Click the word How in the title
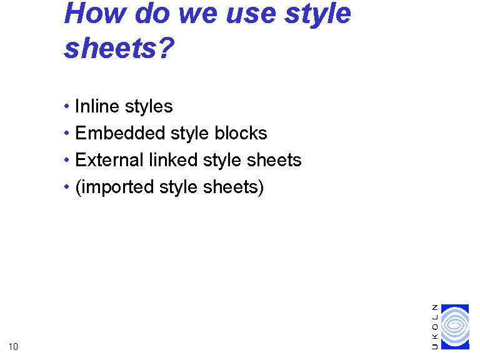pyautogui.click(x=95, y=14)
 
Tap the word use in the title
pyautogui.click(x=251, y=14)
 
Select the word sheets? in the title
pyautogui.click(x=119, y=47)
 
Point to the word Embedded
pyautogui.click(x=120, y=133)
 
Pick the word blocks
pyautogui.click(x=241, y=133)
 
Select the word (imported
pyautogui.click(x=114, y=187)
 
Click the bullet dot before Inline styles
pyautogui.click(x=66, y=106)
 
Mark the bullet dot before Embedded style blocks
pyautogui.click(x=66, y=133)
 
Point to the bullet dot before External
pyautogui.click(x=66, y=160)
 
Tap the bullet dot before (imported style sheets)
pyautogui.click(x=66, y=187)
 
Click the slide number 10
pyautogui.click(x=14, y=347)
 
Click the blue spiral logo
pyautogui.click(x=455, y=327)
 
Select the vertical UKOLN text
pyautogui.click(x=435, y=327)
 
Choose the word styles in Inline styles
pyautogui.click(x=149, y=107)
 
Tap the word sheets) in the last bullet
pyautogui.click(x=233, y=187)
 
